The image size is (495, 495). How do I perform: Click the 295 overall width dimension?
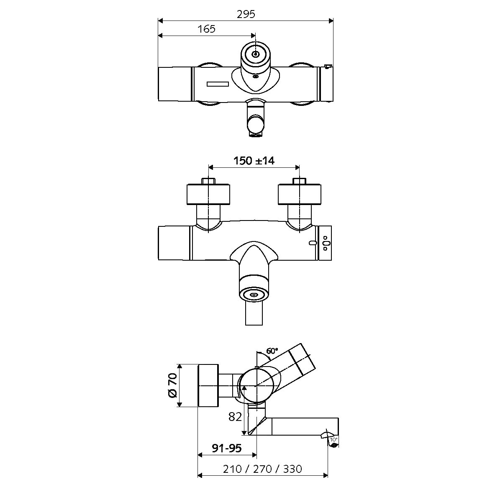tap(246, 14)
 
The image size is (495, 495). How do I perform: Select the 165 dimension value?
tap(206, 29)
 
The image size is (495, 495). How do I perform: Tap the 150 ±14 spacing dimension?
tap(254, 161)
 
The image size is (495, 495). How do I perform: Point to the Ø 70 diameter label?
tap(172, 385)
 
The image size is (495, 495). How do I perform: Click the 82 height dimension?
tap(235, 417)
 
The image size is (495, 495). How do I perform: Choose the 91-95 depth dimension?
tap(227, 448)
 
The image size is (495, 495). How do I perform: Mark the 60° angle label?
tap(272, 351)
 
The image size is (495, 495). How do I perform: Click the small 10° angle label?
tap(333, 439)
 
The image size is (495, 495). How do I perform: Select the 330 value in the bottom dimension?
tap(292, 469)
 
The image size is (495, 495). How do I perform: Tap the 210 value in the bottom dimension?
tap(232, 469)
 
